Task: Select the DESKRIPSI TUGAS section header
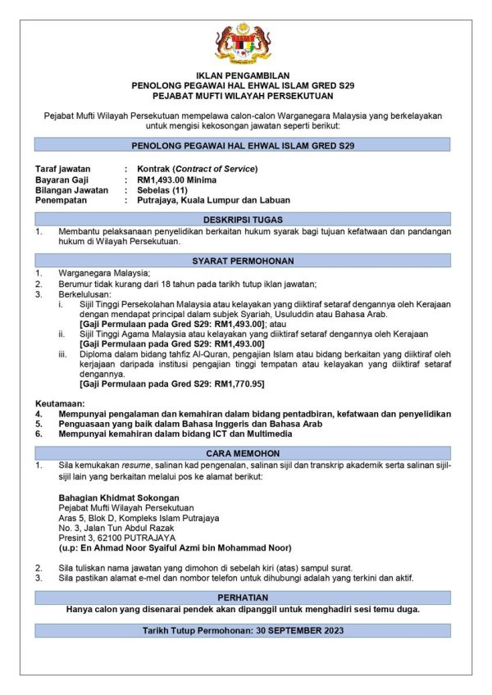[x=243, y=219]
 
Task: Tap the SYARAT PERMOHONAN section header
[x=243, y=260]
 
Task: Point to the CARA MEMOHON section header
[x=243, y=452]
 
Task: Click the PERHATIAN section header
[x=243, y=598]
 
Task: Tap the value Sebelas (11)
[x=164, y=189]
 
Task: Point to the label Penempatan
[x=62, y=200]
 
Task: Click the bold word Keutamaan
[x=60, y=404]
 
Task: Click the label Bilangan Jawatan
[x=71, y=189]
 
